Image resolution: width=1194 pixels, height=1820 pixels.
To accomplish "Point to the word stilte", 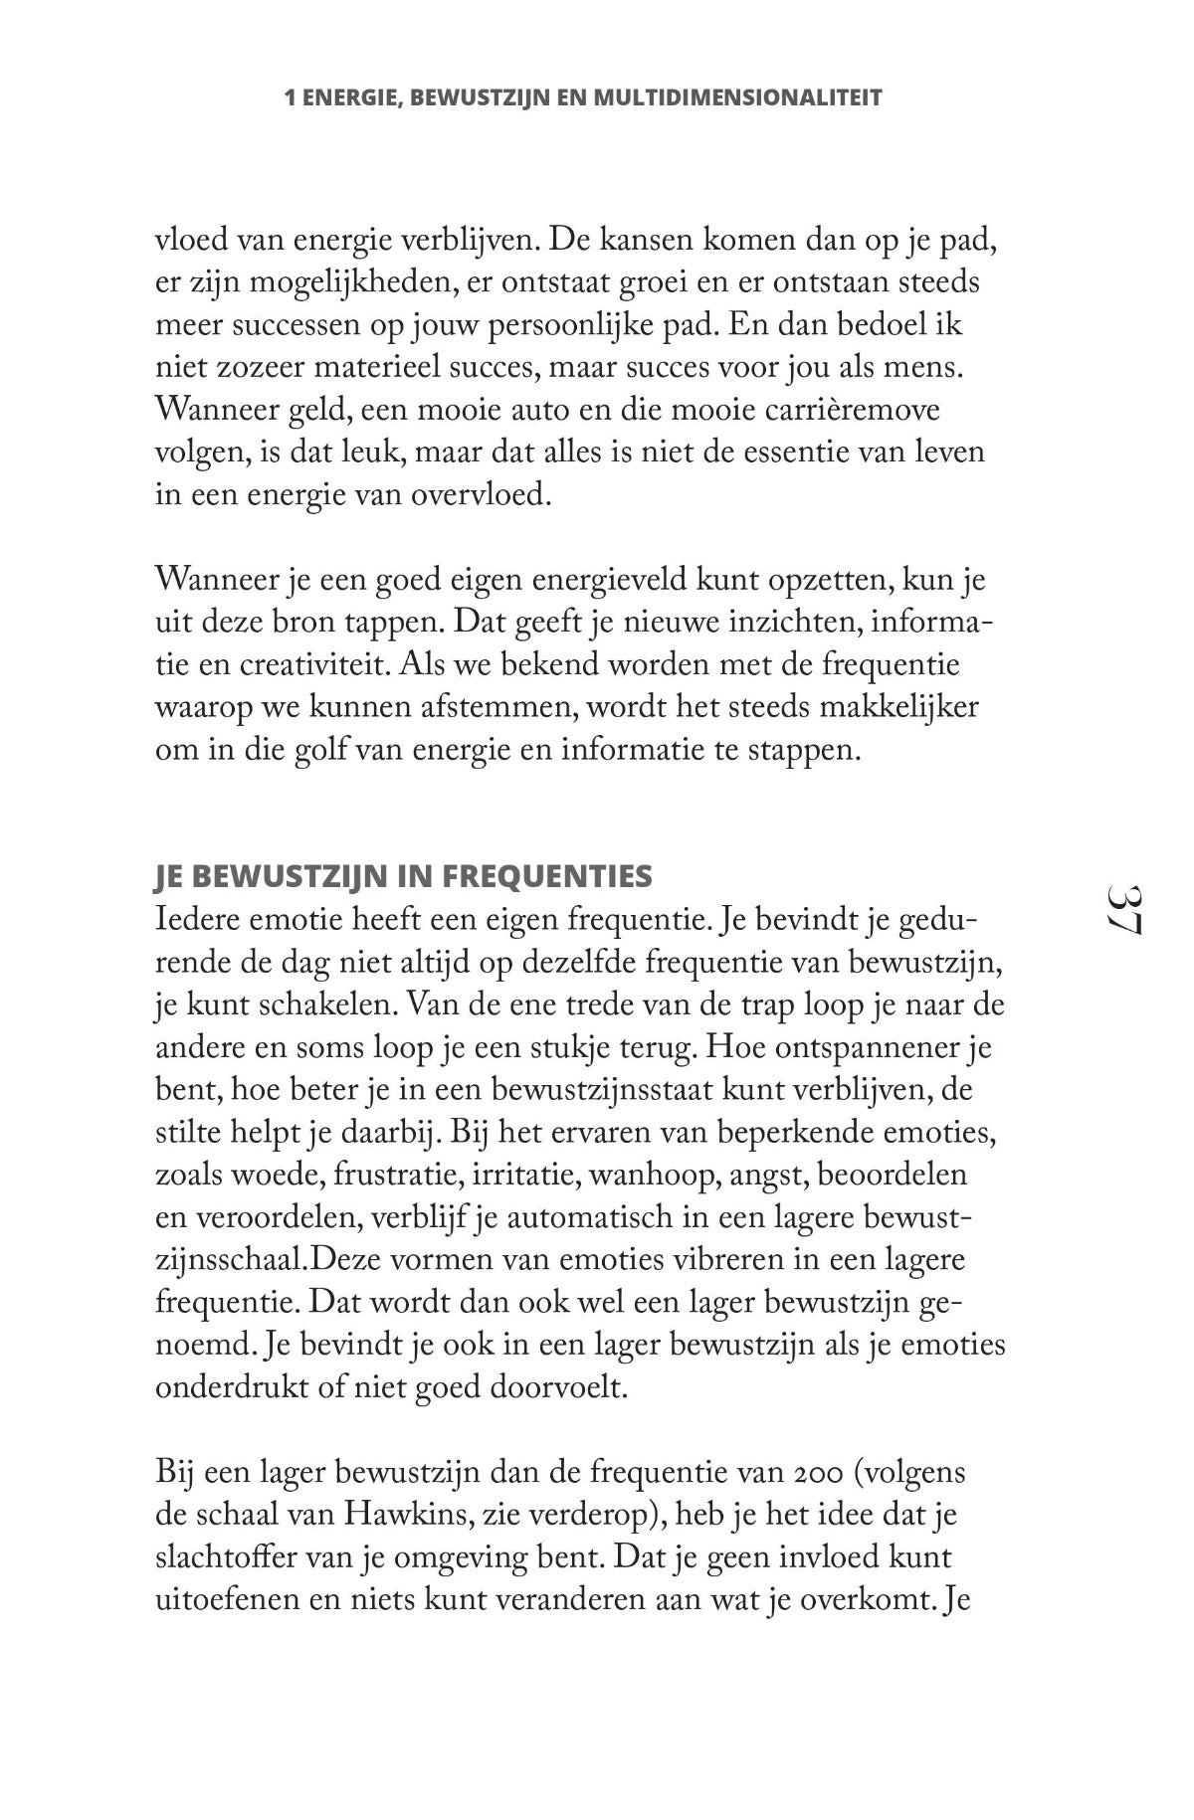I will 189,1132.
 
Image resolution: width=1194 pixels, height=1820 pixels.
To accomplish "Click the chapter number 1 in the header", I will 290,98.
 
